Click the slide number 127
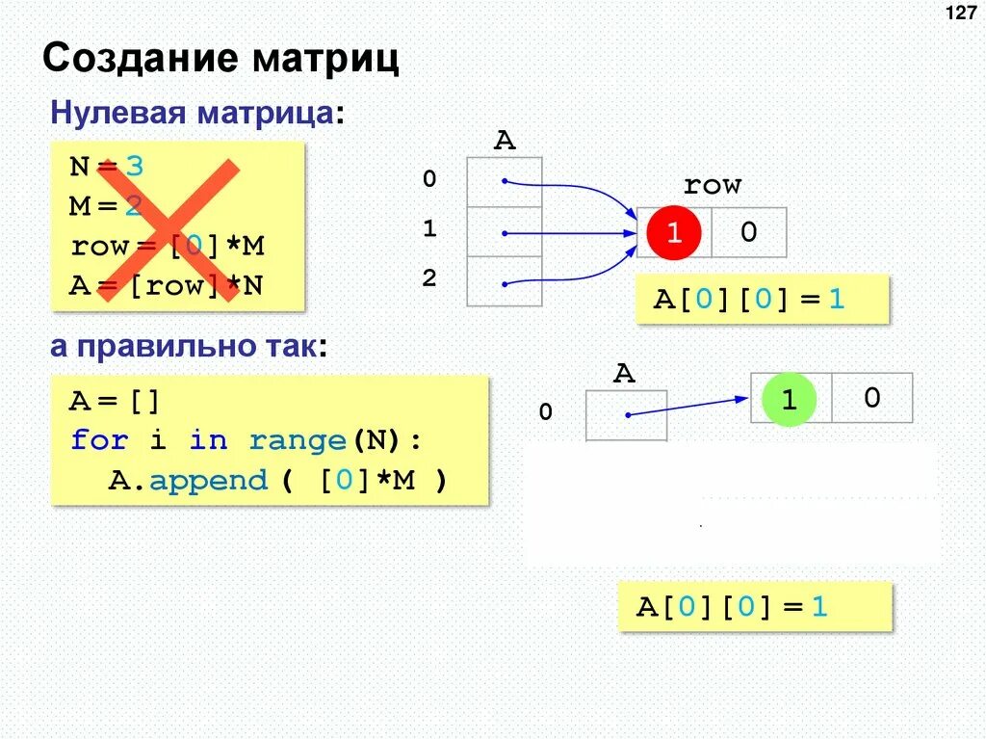pyautogui.click(x=961, y=13)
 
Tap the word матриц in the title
pyautogui.click(x=326, y=60)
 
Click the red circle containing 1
pyautogui.click(x=675, y=233)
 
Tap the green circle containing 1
pyautogui.click(x=789, y=400)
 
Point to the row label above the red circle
pyautogui.click(x=712, y=185)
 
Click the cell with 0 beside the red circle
pyautogui.click(x=749, y=232)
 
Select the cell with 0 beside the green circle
pyautogui.click(x=871, y=398)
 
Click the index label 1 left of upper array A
pyautogui.click(x=429, y=229)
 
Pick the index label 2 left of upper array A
pyautogui.click(x=429, y=279)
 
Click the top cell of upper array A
pyautogui.click(x=505, y=181)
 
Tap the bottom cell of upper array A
pyautogui.click(x=505, y=281)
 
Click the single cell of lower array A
pyautogui.click(x=626, y=415)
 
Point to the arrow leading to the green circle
pyautogui.click(x=688, y=407)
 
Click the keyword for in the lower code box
pyautogui.click(x=99, y=441)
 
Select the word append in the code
pyautogui.click(x=207, y=480)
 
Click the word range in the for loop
pyautogui.click(x=297, y=441)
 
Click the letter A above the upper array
pyautogui.click(x=505, y=142)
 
